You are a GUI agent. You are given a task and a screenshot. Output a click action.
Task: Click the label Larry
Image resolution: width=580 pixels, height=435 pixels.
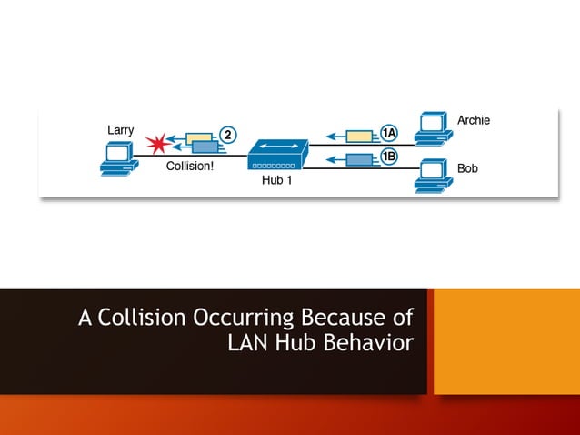(x=121, y=130)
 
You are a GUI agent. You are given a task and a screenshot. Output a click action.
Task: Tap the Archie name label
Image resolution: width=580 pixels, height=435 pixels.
(x=473, y=120)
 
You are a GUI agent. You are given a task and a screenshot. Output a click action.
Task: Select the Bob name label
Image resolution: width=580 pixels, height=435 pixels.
(x=467, y=169)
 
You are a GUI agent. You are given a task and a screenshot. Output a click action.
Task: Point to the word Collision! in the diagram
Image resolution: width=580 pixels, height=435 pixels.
(x=190, y=167)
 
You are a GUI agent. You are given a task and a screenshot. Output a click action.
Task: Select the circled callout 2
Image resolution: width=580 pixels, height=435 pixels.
(x=228, y=135)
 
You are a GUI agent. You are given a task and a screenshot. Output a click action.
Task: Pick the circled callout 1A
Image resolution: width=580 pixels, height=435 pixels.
(x=389, y=134)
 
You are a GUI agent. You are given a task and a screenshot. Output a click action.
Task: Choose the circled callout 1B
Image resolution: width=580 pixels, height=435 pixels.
(x=389, y=157)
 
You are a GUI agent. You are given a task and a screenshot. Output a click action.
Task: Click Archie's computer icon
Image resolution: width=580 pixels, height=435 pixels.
(x=431, y=127)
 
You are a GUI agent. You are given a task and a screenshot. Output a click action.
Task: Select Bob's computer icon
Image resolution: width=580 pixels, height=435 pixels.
(x=431, y=176)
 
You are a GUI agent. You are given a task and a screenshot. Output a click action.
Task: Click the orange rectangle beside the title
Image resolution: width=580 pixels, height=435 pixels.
(x=506, y=341)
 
